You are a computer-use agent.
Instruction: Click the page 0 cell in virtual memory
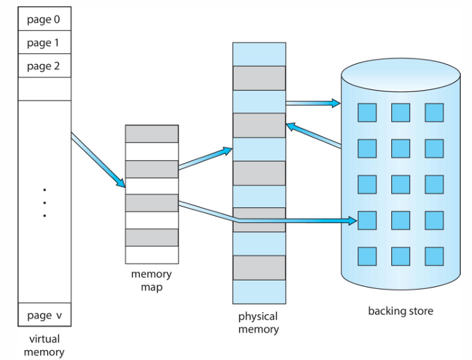(x=44, y=20)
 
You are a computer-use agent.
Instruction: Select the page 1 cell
(x=44, y=43)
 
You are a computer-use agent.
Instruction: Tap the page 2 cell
(x=44, y=66)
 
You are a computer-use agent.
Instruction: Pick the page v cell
(x=44, y=315)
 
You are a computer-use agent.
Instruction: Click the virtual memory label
(x=44, y=346)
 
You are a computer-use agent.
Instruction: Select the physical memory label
(x=258, y=323)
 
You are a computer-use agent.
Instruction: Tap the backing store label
(x=400, y=311)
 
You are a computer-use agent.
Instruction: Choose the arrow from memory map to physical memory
(x=204, y=158)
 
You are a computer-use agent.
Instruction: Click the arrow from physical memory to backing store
(x=313, y=103)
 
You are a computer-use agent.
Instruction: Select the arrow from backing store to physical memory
(x=314, y=136)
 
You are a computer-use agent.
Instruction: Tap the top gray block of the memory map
(x=152, y=134)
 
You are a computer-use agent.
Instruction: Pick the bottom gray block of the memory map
(x=152, y=238)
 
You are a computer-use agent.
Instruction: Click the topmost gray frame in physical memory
(x=258, y=77)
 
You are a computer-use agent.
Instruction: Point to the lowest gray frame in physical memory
(x=258, y=268)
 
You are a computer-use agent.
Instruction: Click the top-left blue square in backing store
(x=367, y=112)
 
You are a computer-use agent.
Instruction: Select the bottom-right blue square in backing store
(x=434, y=256)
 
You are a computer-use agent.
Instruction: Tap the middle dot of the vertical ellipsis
(x=44, y=202)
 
